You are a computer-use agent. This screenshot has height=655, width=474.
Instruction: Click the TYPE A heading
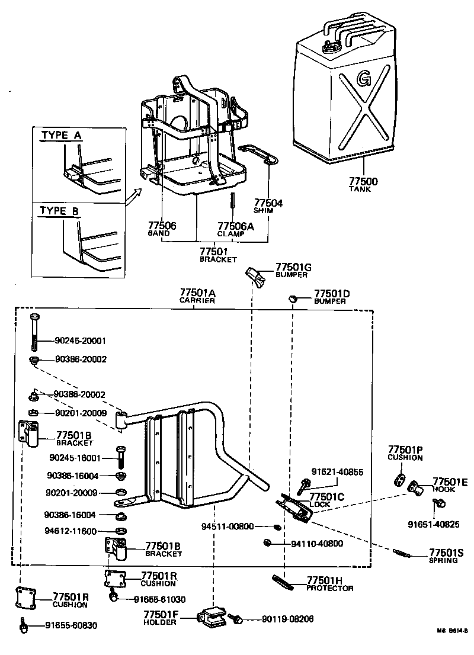[x=61, y=135]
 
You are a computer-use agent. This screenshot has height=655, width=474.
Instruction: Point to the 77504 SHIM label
[x=268, y=206]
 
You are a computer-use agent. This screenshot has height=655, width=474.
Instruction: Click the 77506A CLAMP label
[x=236, y=229]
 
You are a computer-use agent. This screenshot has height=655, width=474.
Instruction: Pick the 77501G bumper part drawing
[x=255, y=275]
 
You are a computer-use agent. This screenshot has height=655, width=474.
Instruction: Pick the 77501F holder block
[x=212, y=618]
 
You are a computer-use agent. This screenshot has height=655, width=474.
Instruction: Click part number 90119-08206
[x=287, y=619]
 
